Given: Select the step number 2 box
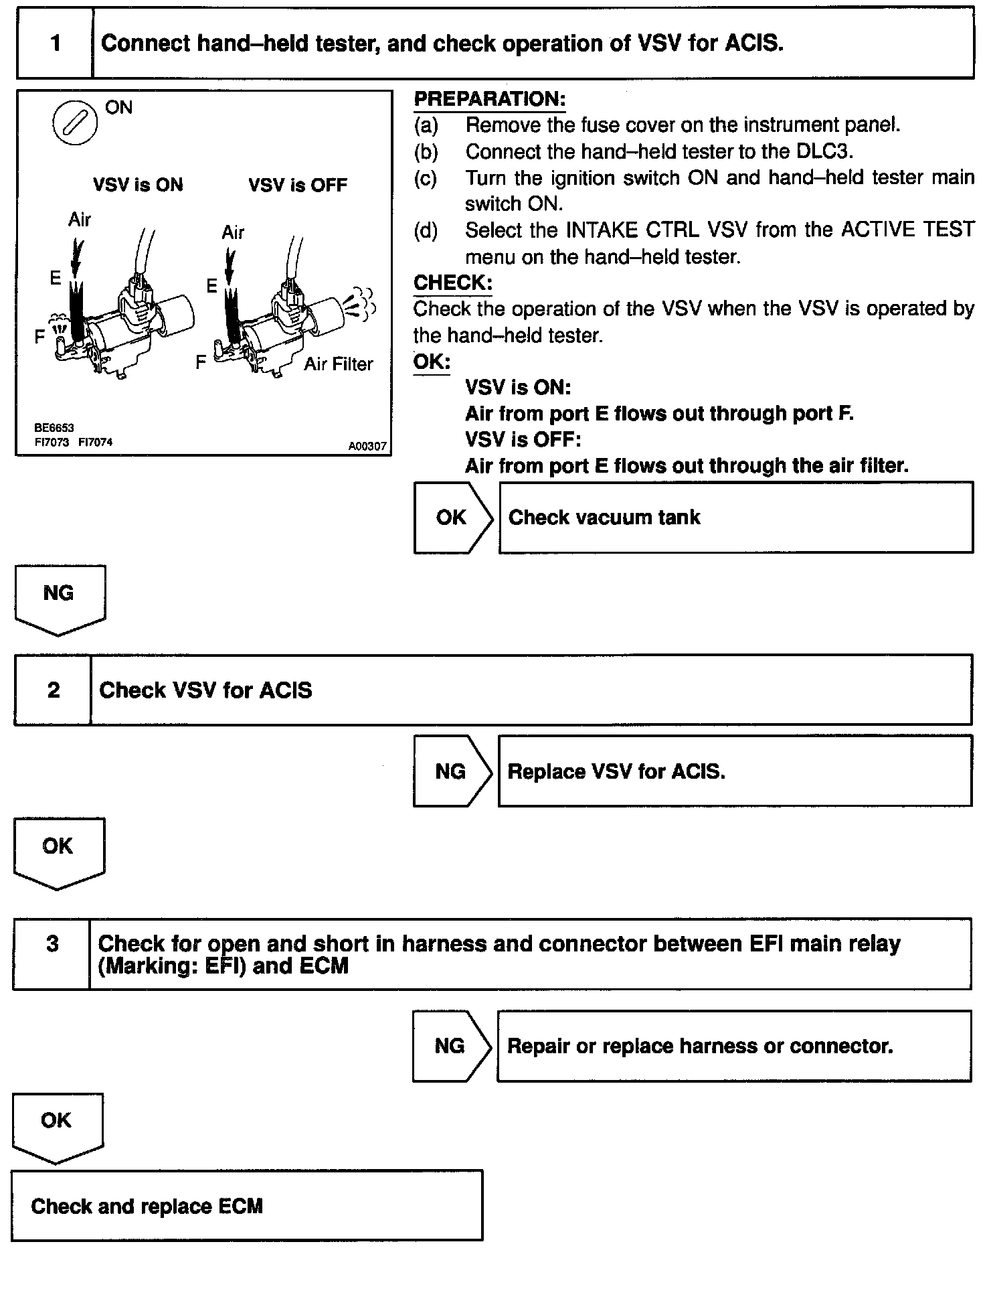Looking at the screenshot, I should click(x=53, y=690).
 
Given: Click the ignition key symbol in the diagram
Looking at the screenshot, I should click(x=74, y=122).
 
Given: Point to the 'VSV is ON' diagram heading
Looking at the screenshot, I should click(x=138, y=185).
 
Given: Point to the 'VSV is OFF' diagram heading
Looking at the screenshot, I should click(x=298, y=185).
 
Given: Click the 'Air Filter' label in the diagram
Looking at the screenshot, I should click(x=339, y=364).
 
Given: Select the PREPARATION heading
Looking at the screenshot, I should click(x=489, y=100).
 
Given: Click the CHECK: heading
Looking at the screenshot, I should click(x=453, y=283).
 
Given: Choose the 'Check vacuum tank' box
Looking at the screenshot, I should click(x=735, y=518).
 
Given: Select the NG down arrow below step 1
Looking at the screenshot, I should click(x=59, y=598).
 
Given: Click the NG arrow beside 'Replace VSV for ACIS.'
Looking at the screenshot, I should click(x=452, y=771).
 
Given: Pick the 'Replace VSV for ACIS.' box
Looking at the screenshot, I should click(x=735, y=771).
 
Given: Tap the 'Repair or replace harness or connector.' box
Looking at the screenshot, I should click(x=733, y=1046).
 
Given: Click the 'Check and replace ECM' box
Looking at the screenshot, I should click(x=246, y=1207).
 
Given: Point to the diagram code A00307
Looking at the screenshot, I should click(x=367, y=446).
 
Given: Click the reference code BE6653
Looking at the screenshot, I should click(x=54, y=427).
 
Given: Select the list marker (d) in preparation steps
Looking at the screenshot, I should click(x=426, y=230).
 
